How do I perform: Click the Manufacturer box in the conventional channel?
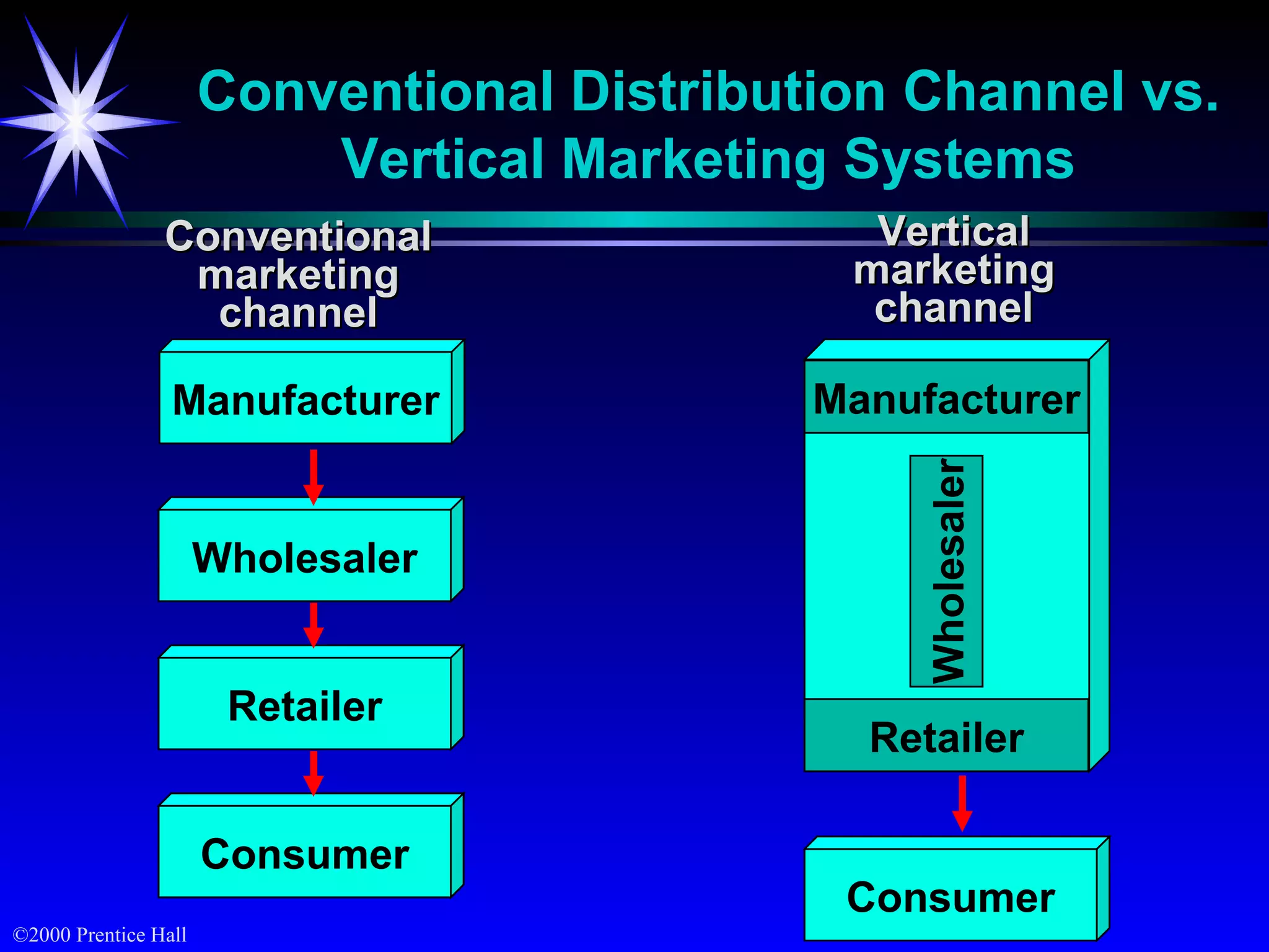coord(305,398)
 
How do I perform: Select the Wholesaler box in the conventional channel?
coord(305,556)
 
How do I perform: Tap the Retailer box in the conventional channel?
coord(305,704)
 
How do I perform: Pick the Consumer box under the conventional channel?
coord(305,852)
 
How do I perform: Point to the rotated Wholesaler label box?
coord(946,571)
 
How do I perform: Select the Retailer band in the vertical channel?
coord(946,736)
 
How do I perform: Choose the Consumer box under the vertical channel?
coord(951,896)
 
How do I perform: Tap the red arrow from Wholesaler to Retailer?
coord(314,624)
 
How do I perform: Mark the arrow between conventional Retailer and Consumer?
coord(314,772)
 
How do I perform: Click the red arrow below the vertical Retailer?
coord(962,802)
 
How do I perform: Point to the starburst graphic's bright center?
coord(76,121)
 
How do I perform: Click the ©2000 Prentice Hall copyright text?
coord(100,935)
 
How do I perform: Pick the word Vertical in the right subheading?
coord(954,231)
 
